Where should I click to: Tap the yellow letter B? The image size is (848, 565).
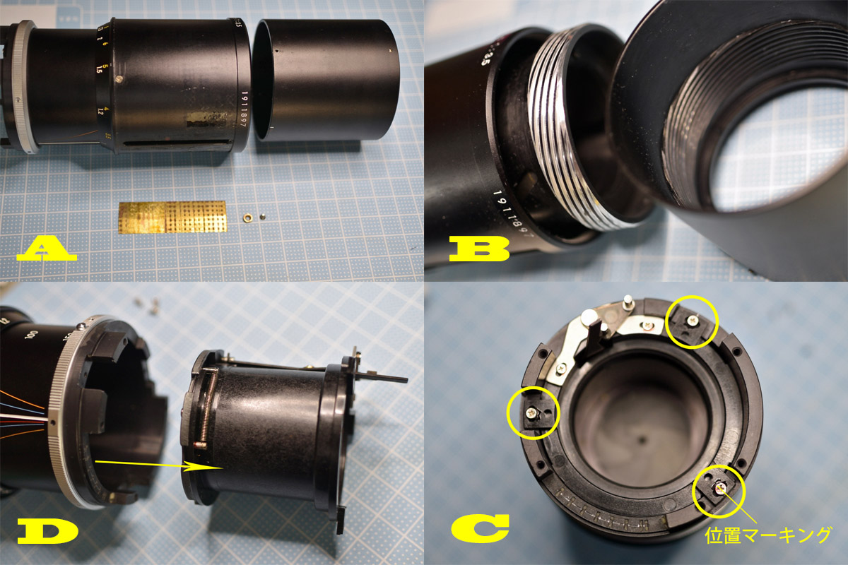478,249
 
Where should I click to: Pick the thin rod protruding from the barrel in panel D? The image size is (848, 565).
385,377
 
